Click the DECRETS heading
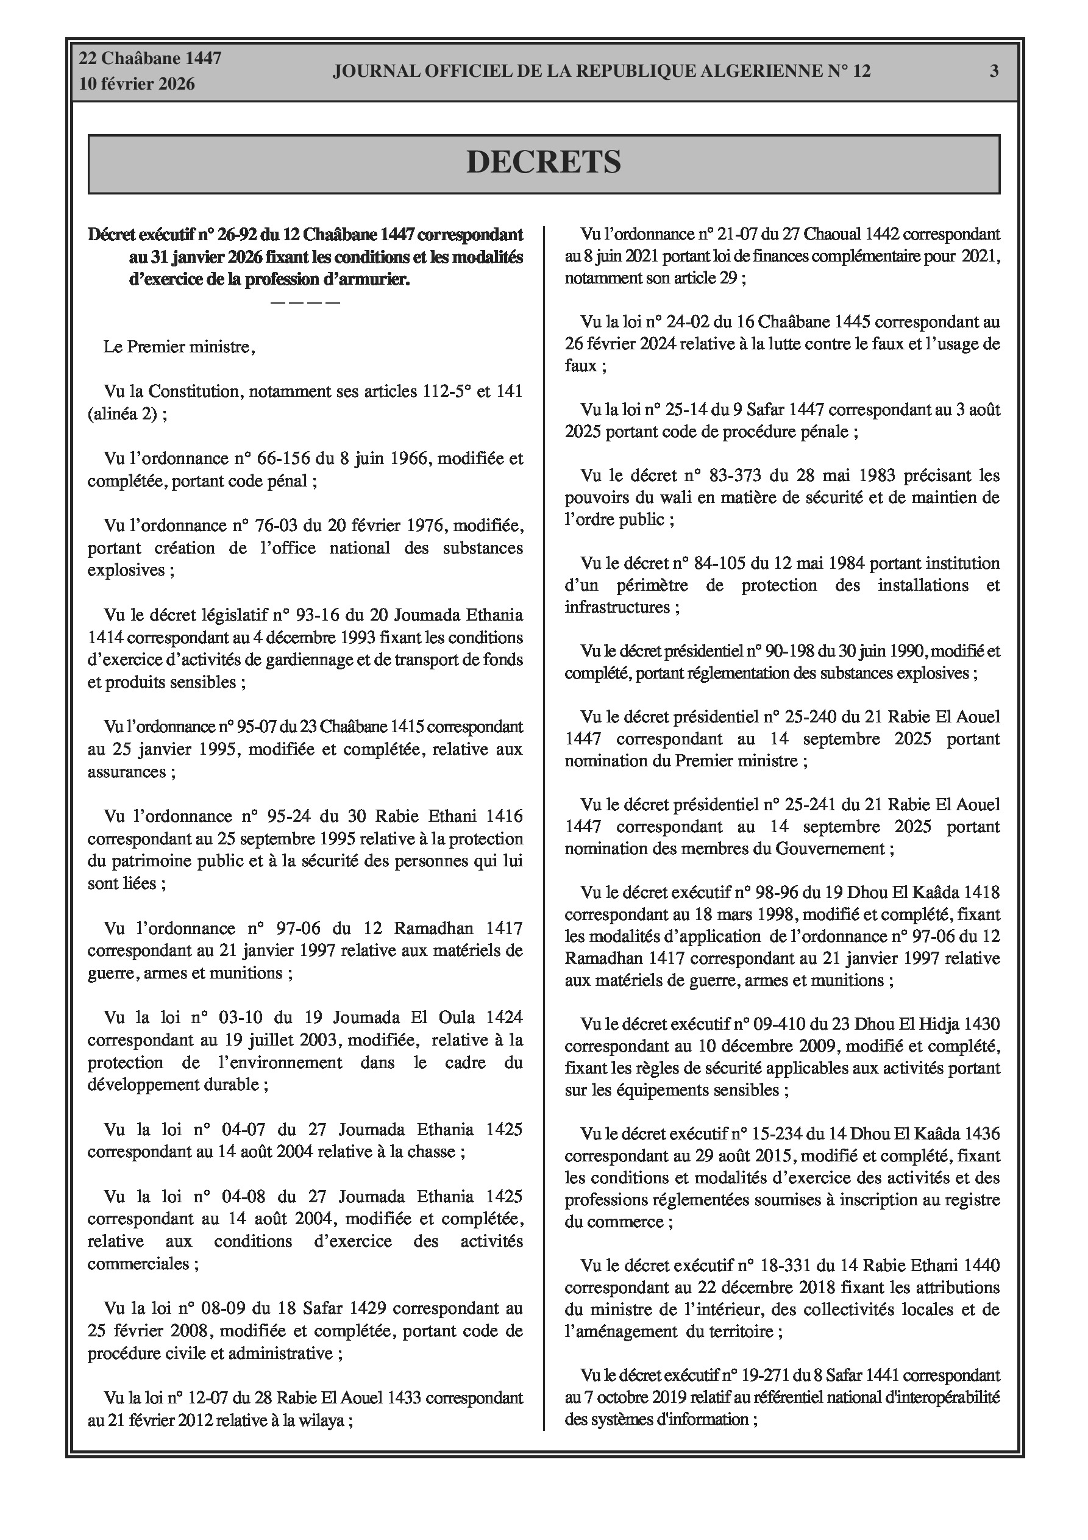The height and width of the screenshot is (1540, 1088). pyautogui.click(x=543, y=162)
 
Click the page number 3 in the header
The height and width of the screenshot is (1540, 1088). pyautogui.click(x=994, y=71)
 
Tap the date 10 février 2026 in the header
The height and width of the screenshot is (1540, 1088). pyautogui.click(x=137, y=84)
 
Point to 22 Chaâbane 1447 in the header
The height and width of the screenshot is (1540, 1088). pyautogui.click(x=151, y=59)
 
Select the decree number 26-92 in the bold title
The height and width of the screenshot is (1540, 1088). pyautogui.click(x=234, y=235)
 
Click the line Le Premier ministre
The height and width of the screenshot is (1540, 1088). pyautogui.click(x=179, y=348)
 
